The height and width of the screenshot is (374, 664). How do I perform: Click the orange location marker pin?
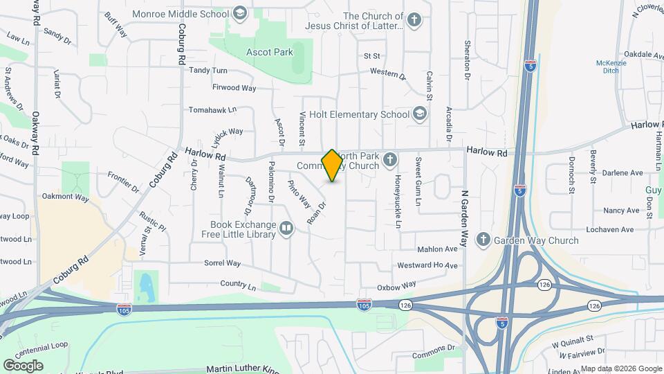click(332, 165)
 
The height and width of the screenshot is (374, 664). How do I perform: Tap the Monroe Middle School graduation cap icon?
click(239, 13)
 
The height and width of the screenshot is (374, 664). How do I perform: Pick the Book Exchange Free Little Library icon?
click(286, 227)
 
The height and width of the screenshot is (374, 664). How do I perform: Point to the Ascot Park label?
click(270, 52)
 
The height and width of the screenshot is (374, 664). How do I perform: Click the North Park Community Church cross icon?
click(390, 161)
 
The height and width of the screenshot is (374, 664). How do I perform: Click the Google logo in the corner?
click(23, 365)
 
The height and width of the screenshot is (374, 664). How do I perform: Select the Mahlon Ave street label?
click(437, 249)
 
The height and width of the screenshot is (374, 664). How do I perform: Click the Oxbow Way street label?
click(396, 285)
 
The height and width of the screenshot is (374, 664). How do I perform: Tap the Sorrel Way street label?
click(222, 263)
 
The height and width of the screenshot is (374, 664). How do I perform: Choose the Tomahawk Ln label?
click(212, 109)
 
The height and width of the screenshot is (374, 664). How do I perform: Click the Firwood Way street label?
click(224, 88)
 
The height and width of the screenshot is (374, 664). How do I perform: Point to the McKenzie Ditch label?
click(611, 67)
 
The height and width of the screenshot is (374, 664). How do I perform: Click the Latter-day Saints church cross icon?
click(414, 19)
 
